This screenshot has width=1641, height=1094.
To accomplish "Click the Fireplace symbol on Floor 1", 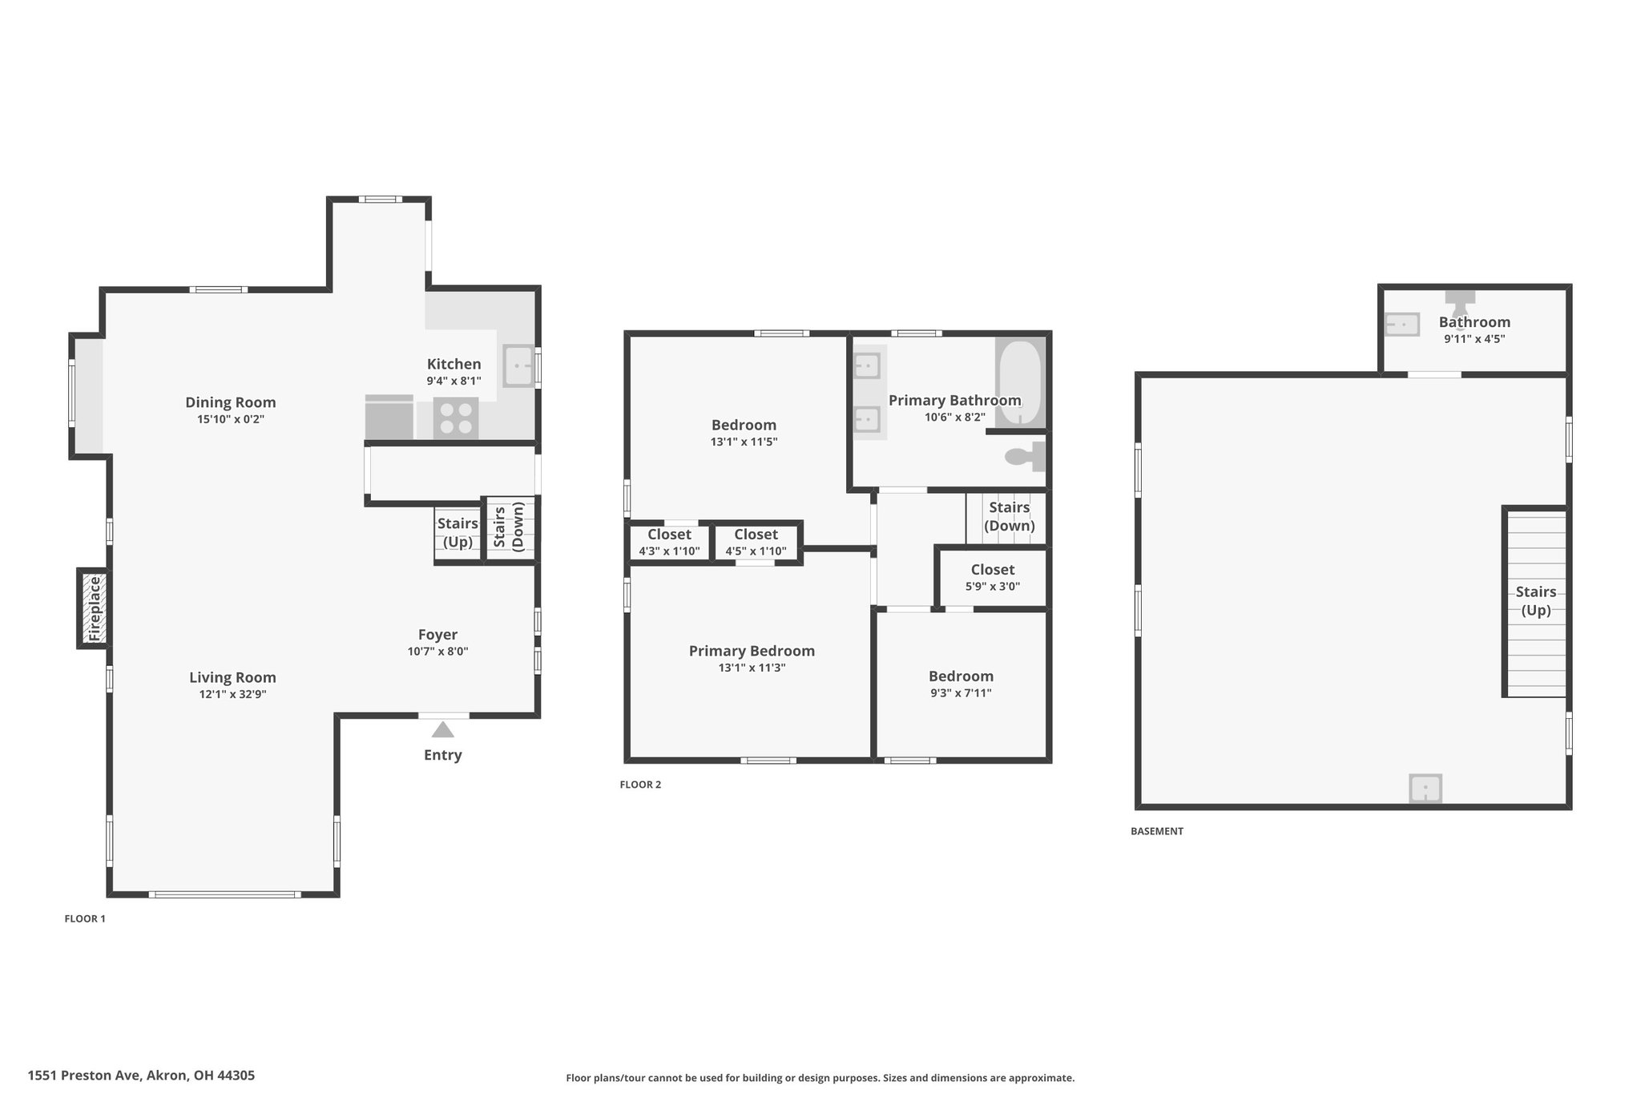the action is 93,608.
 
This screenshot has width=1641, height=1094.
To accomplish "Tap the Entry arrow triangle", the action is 443,729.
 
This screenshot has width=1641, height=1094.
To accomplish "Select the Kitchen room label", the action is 454,364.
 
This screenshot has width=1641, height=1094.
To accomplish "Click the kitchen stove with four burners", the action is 456,418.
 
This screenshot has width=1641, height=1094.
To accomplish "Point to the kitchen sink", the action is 518,366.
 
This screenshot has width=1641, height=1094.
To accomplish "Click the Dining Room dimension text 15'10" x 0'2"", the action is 231,419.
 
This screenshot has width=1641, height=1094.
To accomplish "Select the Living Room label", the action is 232,677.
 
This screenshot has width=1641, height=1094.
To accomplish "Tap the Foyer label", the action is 437,635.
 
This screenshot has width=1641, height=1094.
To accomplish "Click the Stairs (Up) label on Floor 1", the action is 458,533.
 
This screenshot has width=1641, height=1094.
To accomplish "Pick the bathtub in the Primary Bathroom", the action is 1020,382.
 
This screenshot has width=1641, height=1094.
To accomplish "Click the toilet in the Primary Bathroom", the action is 1026,457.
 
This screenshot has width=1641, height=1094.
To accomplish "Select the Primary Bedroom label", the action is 752,651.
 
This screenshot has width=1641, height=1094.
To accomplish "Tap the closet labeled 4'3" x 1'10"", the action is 669,543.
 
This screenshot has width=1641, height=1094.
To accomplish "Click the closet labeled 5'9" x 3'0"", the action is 993,578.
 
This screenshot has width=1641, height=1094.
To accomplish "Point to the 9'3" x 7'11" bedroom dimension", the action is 961,693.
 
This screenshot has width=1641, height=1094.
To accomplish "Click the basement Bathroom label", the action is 1474,322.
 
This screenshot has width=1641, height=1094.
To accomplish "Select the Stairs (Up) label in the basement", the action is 1536,601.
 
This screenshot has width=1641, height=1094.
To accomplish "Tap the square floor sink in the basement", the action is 1425,788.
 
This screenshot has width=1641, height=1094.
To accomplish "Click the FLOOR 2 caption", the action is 640,785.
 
